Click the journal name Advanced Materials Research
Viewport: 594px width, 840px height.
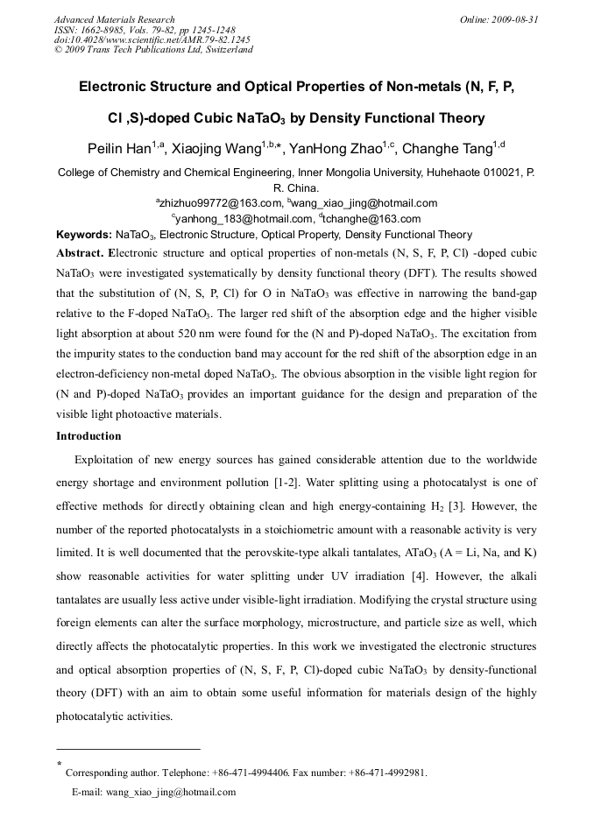click(114, 19)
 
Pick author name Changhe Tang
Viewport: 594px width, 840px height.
click(451, 149)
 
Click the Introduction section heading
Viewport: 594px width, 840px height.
click(88, 435)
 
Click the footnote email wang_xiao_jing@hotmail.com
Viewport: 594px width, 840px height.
click(171, 792)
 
